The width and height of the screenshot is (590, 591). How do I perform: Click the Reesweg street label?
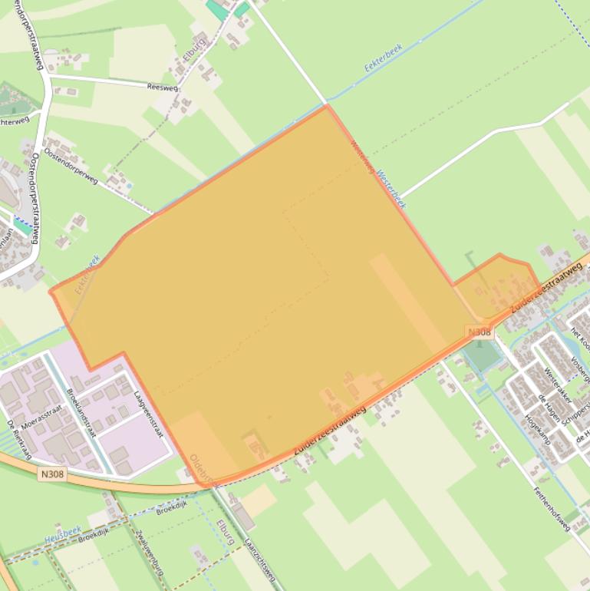(x=162, y=87)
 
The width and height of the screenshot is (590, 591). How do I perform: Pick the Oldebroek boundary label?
(x=203, y=469)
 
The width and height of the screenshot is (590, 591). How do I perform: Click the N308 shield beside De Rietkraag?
(x=51, y=474)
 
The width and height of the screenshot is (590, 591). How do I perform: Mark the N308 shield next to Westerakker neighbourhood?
(x=479, y=332)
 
